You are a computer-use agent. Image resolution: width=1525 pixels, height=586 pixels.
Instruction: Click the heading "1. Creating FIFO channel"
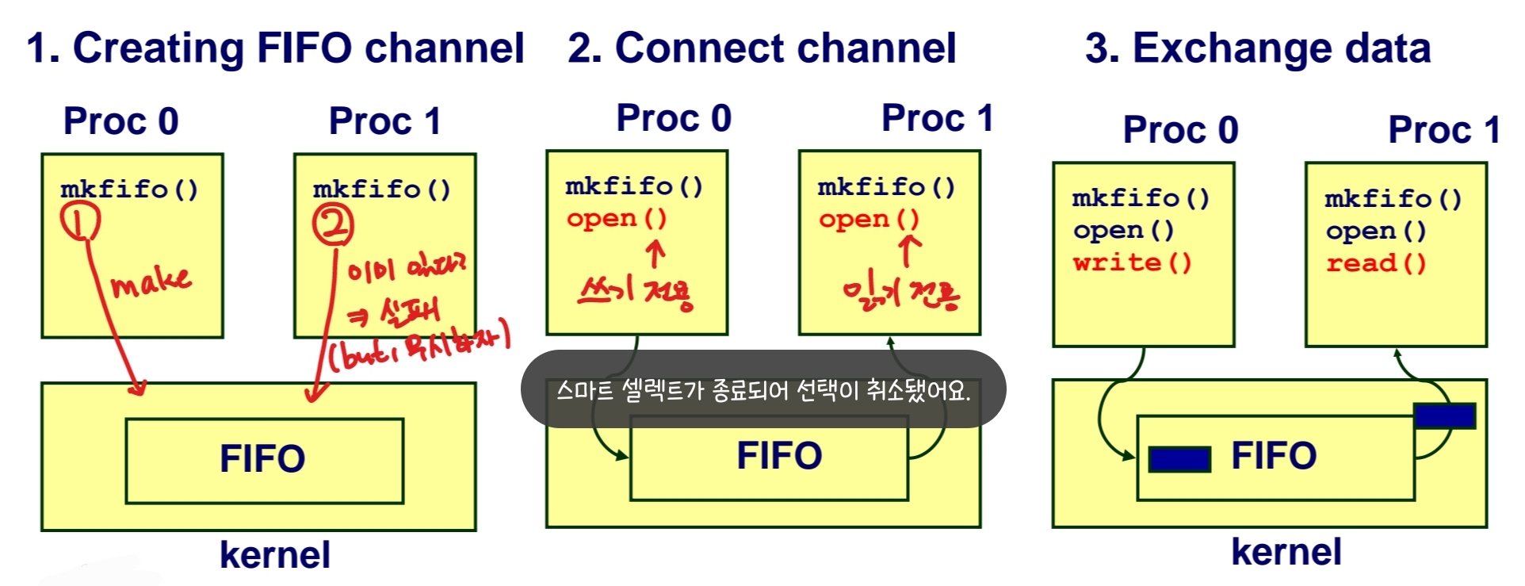275,48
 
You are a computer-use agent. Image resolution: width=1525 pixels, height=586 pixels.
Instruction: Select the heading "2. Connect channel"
762,48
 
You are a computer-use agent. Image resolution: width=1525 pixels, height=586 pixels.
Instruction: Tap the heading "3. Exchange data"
1258,48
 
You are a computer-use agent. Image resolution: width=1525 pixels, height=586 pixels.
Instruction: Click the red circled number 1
80,220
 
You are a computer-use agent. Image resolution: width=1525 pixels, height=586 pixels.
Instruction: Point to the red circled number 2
333,225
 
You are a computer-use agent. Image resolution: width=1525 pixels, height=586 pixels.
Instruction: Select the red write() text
1132,262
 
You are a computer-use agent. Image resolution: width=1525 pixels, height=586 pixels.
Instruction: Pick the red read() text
1376,263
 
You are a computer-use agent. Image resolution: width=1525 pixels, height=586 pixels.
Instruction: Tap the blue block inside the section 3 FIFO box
1179,459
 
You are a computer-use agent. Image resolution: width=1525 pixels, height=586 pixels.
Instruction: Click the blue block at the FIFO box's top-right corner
1444,416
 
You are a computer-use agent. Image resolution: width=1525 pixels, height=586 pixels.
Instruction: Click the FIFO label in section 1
262,459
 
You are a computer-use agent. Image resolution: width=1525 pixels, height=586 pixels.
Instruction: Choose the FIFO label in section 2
779,456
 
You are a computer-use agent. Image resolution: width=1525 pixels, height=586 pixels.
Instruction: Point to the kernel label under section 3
1286,552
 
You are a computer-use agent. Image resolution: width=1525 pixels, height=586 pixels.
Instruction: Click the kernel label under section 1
274,555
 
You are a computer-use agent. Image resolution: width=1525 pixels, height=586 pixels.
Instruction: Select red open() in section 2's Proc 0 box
617,218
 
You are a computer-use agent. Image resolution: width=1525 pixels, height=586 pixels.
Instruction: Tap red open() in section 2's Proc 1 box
869,219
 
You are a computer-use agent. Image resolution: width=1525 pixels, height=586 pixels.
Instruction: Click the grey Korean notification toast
762,389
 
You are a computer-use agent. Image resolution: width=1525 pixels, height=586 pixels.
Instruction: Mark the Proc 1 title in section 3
1443,130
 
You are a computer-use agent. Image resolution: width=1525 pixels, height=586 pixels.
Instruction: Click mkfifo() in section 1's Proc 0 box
129,189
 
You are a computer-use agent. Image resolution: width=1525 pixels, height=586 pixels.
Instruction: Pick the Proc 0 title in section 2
674,119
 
